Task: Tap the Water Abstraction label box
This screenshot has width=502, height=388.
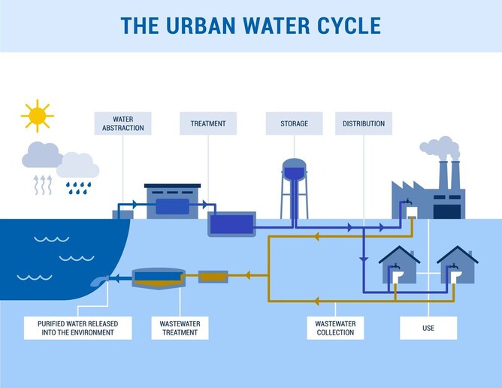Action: (x=122, y=123)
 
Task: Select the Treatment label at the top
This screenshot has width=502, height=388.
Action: (x=208, y=123)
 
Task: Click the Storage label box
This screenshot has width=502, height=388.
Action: (x=294, y=123)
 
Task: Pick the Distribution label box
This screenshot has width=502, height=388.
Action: (x=364, y=123)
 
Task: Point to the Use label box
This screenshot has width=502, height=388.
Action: (x=428, y=328)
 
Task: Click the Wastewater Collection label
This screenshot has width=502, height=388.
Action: (x=336, y=328)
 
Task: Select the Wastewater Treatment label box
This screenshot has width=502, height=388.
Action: (x=180, y=328)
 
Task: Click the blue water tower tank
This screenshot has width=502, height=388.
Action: (x=294, y=170)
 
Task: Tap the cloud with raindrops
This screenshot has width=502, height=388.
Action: (x=78, y=165)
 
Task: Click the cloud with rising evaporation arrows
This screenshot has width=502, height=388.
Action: (x=41, y=156)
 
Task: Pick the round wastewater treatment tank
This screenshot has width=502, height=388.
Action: (x=157, y=279)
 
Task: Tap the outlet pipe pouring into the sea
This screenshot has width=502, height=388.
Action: (x=100, y=280)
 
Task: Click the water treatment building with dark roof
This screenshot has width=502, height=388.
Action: (x=173, y=201)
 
